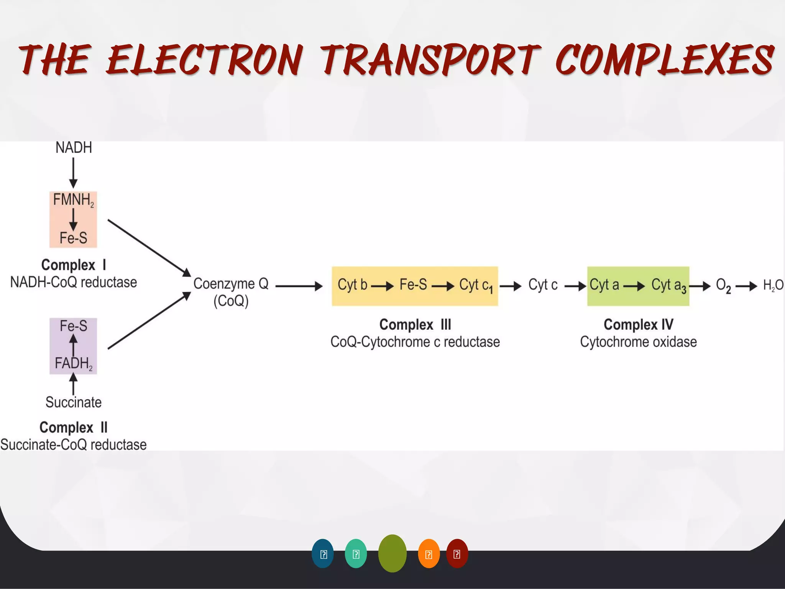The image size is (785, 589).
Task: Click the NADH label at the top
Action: point(74,148)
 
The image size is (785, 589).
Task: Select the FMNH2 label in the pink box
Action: point(73,200)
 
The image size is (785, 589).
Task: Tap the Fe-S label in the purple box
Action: point(73,326)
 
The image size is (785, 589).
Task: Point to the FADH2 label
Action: point(73,363)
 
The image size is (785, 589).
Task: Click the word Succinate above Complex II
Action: point(73,402)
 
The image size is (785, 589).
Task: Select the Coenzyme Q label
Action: point(231,284)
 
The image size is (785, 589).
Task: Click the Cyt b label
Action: point(352,285)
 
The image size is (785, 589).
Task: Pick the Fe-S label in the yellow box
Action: point(413,285)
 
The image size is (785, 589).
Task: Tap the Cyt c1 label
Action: point(476,286)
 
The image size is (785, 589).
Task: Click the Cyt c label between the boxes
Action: point(543,285)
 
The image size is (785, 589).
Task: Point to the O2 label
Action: point(723,286)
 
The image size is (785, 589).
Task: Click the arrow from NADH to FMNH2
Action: point(73,173)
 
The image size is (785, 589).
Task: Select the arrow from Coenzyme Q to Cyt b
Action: point(299,286)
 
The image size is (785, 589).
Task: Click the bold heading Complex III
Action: point(415,325)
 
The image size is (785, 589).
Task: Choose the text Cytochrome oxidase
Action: point(638,342)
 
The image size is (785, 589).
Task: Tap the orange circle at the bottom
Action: point(429,554)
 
